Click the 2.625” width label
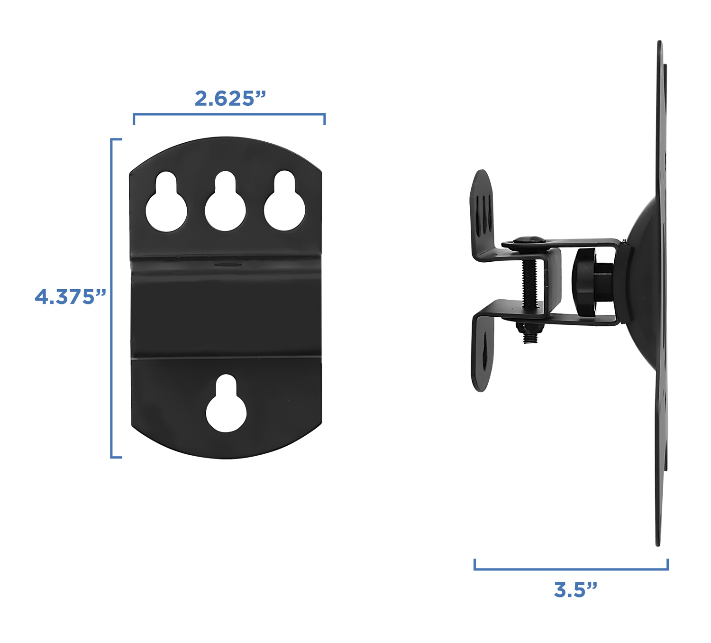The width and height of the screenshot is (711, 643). [230, 98]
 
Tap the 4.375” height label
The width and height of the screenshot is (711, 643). [70, 297]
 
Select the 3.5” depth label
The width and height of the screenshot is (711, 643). [575, 590]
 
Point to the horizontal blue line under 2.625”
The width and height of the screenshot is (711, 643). [229, 114]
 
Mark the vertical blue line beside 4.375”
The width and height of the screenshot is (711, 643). [111, 298]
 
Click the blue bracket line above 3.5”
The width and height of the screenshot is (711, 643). [571, 569]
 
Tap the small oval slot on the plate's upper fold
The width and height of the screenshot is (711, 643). [227, 264]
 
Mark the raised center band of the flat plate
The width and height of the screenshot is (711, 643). [226, 308]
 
